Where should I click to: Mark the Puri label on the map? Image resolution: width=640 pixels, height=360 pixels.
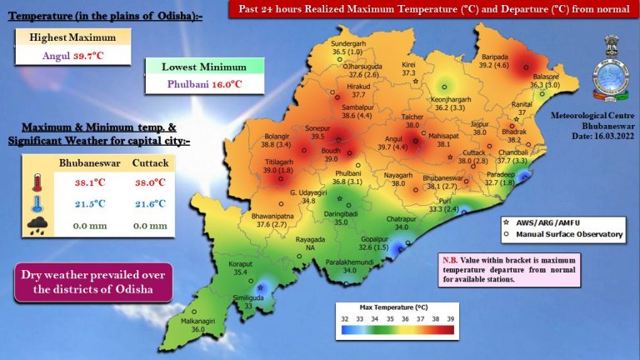tap(446, 201)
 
